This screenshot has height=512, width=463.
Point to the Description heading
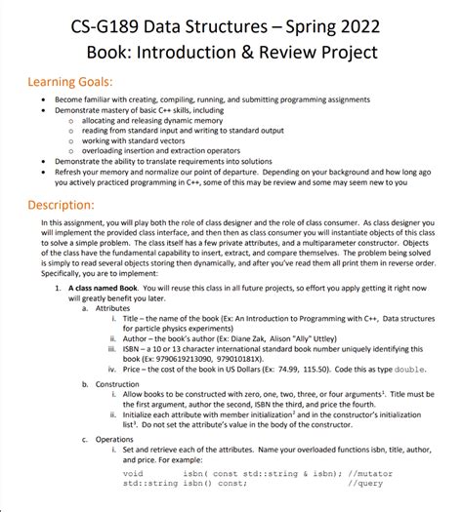pos(68,206)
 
